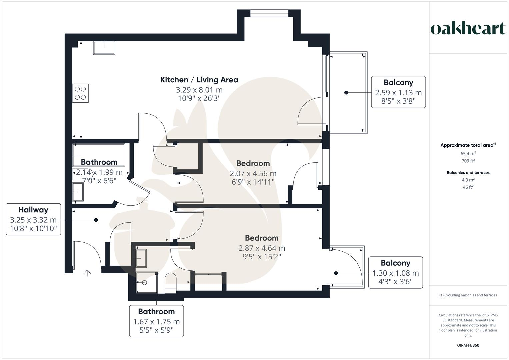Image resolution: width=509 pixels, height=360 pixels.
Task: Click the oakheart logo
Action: click(468, 29)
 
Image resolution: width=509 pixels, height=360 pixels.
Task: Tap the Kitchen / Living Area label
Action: click(199, 80)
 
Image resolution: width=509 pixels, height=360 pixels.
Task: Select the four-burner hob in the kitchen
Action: click(81, 93)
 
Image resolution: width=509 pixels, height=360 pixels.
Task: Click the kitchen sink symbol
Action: click(104, 48)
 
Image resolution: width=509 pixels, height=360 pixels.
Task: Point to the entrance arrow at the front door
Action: click(87, 273)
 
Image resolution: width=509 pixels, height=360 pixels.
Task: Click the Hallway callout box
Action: click(33, 219)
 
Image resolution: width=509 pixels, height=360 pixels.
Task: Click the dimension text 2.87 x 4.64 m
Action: click(262, 248)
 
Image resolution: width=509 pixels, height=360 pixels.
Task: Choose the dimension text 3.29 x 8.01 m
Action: click(199, 90)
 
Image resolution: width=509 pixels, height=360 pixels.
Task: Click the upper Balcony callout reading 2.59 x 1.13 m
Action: click(398, 92)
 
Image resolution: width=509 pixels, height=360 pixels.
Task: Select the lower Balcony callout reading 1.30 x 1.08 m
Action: click(395, 272)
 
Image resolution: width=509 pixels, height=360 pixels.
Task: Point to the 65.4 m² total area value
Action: click(468, 154)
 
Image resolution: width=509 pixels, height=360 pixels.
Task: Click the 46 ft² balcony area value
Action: click(468, 187)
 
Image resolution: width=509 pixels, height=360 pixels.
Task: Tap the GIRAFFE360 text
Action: click(468, 345)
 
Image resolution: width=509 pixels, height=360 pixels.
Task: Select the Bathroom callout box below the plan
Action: click(156, 321)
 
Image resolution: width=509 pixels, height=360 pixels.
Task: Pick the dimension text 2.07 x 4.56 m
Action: click(253, 174)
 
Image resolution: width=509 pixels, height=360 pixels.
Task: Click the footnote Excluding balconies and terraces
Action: click(468, 295)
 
